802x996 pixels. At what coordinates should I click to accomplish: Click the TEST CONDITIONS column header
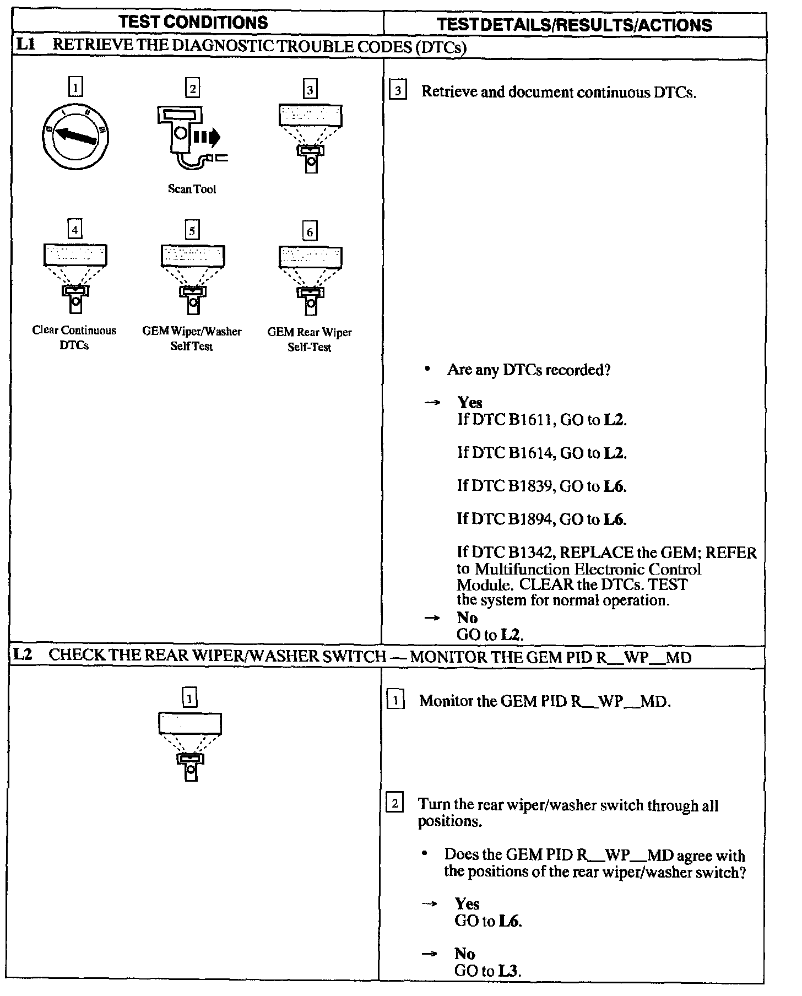pos(193,23)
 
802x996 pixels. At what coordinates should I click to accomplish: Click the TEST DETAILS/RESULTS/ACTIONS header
pos(574,25)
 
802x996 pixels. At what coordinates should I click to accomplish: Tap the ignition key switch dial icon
pos(75,136)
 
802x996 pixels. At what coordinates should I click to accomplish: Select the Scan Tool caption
pos(192,189)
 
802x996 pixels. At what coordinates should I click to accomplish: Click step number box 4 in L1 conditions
pos(75,228)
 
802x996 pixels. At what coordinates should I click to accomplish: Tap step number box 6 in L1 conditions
pos(310,231)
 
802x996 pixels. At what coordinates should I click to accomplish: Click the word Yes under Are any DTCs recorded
pos(469,403)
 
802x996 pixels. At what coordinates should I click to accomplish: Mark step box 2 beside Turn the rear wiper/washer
pos(395,804)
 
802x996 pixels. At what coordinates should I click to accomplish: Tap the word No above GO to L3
pos(464,954)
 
